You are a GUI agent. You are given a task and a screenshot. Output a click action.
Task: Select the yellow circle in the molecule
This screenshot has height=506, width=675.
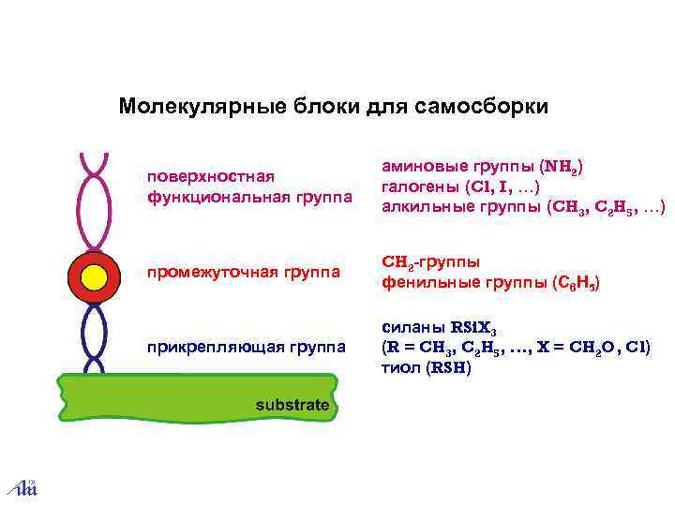[94, 278]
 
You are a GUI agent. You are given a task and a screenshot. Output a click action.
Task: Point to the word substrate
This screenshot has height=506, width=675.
[293, 406]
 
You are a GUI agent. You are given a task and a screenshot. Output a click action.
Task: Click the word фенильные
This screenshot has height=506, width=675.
[424, 282]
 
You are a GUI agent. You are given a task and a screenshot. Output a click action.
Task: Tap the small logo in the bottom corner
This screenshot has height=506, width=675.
[22, 486]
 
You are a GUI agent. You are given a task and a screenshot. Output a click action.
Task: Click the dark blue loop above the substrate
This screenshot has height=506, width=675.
[93, 338]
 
